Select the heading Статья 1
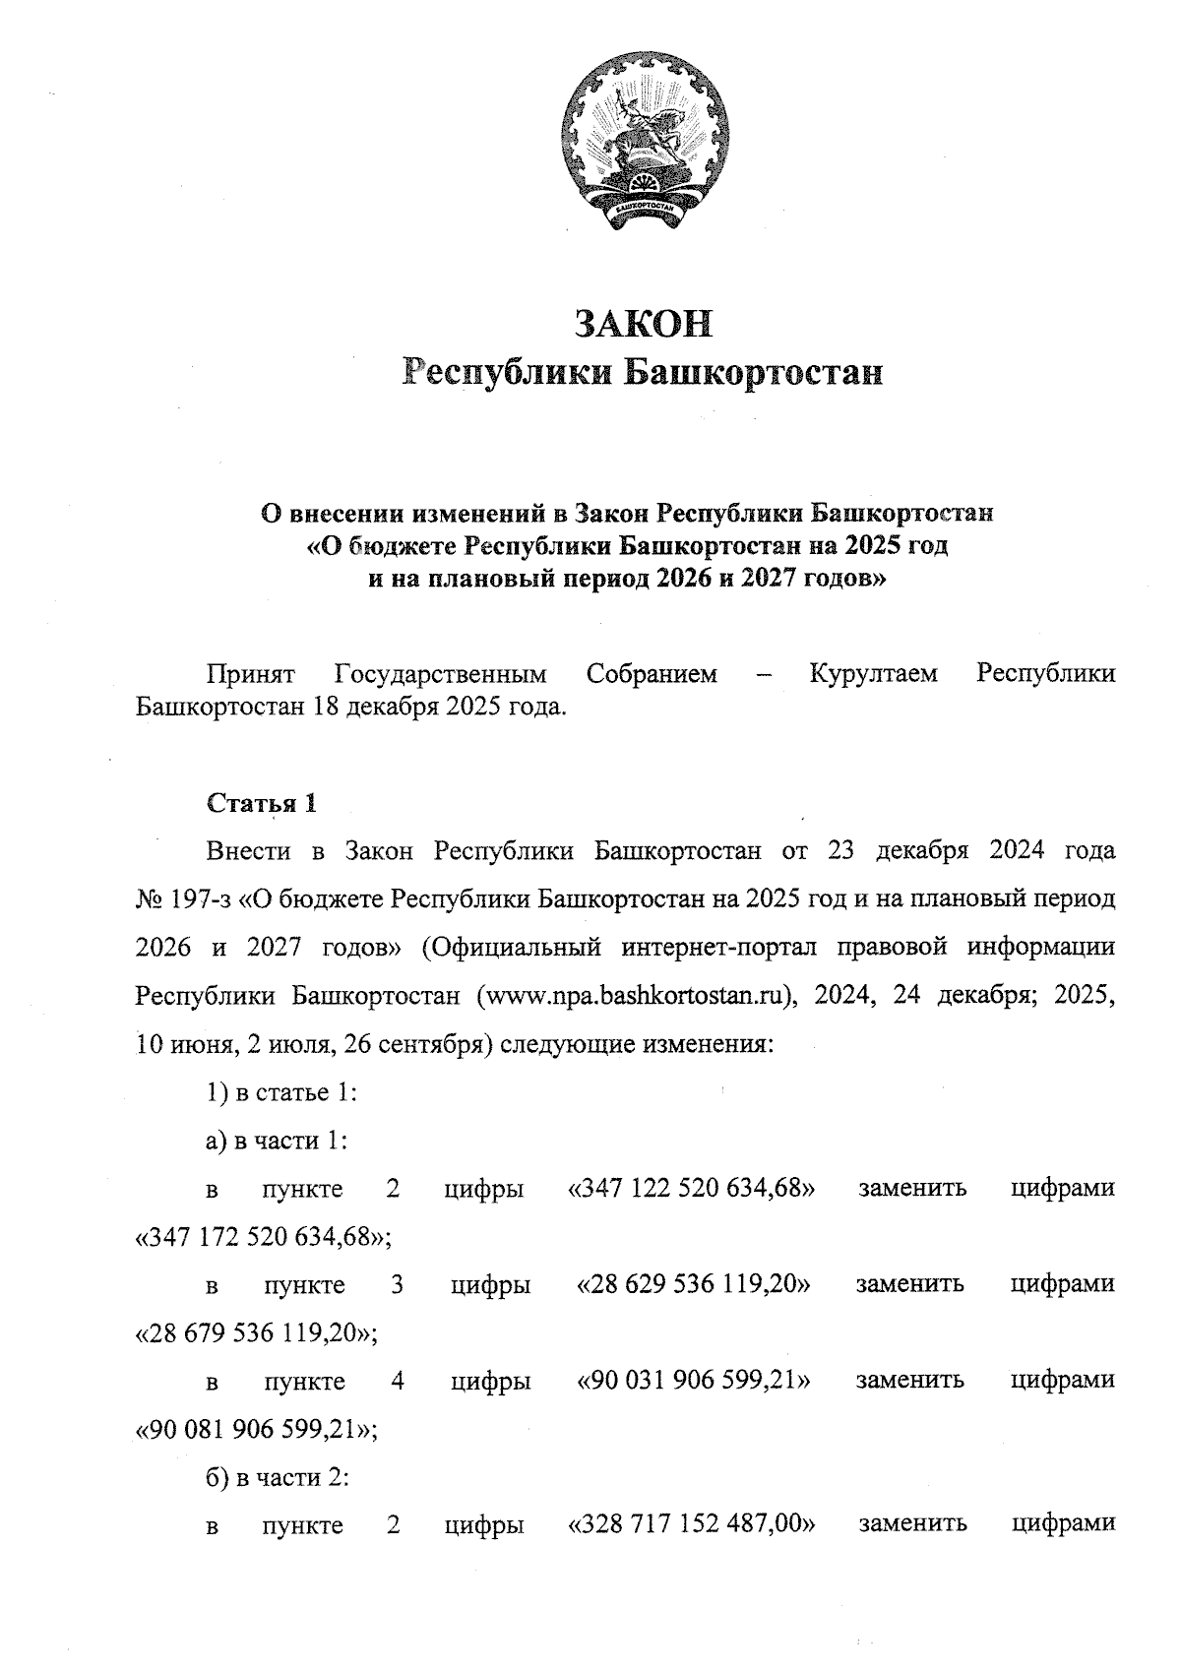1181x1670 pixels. (261, 803)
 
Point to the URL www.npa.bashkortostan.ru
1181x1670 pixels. (635, 995)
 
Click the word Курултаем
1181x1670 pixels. (873, 674)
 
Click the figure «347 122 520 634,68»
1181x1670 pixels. (692, 1188)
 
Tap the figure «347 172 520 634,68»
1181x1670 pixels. (262, 1236)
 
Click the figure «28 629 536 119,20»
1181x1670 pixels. (693, 1283)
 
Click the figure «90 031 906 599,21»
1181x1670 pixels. (693, 1380)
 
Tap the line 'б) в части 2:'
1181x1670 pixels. (279, 1476)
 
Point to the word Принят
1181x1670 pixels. (251, 674)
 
